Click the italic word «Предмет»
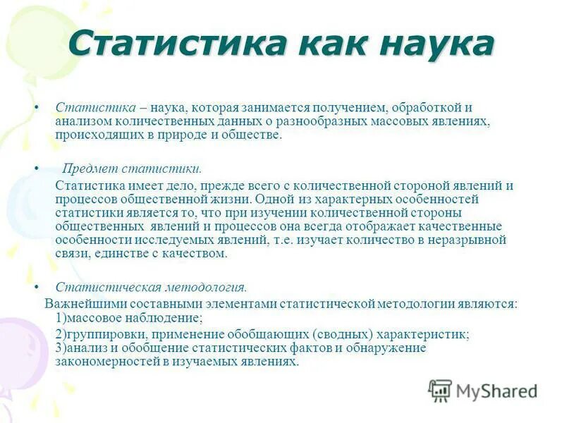click(87, 169)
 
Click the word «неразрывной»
click(472, 240)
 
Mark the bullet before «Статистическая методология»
click(37, 288)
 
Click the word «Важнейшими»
click(78, 305)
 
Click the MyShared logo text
click(496, 391)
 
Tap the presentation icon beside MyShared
click(440, 391)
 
